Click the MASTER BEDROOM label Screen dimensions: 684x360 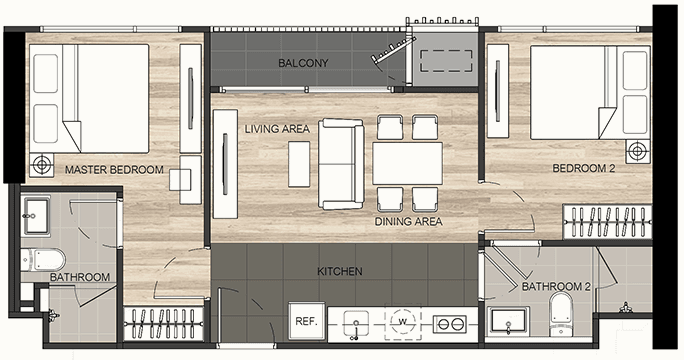[x=114, y=169]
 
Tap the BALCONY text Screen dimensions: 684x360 [x=303, y=63]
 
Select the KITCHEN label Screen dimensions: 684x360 [x=340, y=271]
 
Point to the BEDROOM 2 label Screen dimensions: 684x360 [x=584, y=168]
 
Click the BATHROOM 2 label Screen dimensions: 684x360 [x=556, y=287]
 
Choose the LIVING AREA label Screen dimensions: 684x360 [x=277, y=129]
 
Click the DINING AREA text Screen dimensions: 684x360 [x=409, y=222]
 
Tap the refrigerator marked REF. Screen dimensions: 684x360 [x=307, y=321]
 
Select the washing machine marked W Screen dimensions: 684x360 [x=403, y=322]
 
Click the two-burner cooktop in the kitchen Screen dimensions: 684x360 [x=449, y=324]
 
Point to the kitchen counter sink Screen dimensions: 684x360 [x=356, y=324]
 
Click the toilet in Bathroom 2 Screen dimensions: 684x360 [x=561, y=313]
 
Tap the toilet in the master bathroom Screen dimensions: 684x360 [x=44, y=260]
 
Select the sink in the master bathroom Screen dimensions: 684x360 [x=35, y=215]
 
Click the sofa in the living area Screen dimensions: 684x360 [x=341, y=164]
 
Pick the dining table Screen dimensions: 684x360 [x=407, y=163]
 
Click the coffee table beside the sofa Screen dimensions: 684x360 [x=299, y=164]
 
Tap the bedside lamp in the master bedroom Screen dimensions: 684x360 [x=42, y=165]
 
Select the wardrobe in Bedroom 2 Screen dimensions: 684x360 [x=608, y=222]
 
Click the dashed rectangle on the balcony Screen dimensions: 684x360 [x=446, y=61]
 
